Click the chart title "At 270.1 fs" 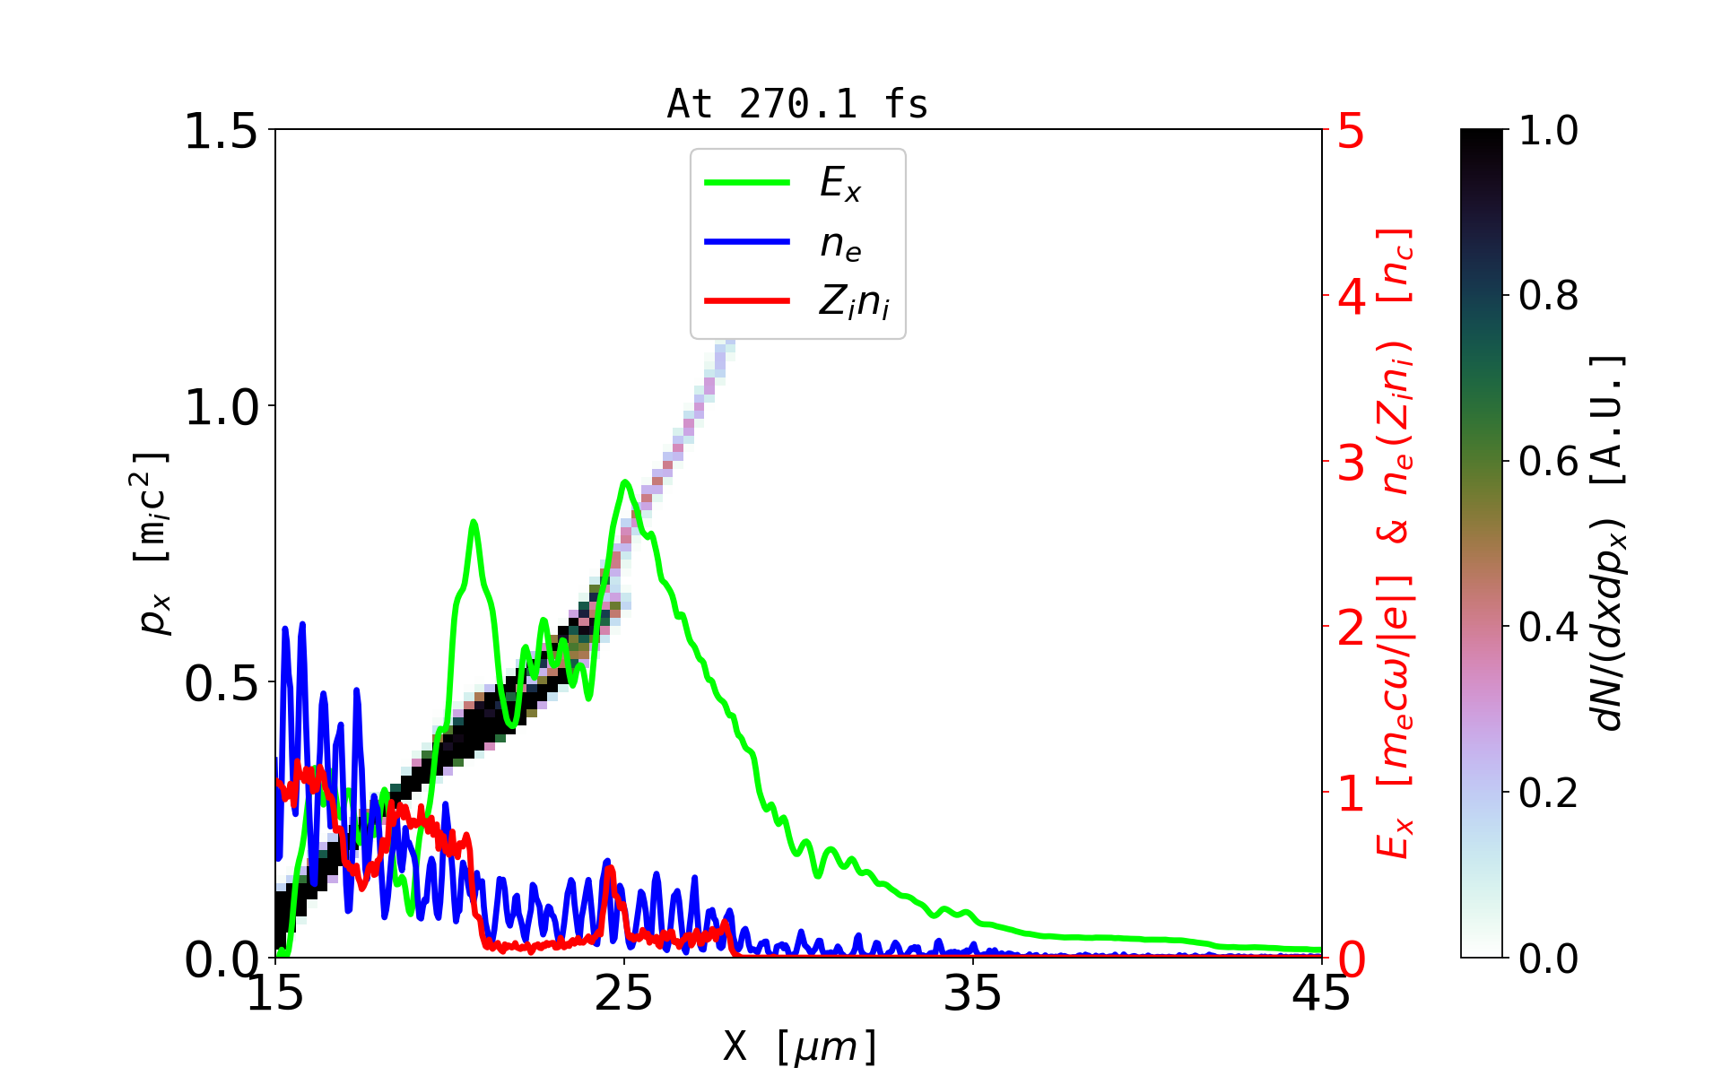click(x=797, y=104)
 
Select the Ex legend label click(x=840, y=184)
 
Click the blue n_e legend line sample click(x=747, y=241)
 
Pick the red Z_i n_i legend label click(x=854, y=301)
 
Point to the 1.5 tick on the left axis click(x=221, y=131)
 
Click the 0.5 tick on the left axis click(x=221, y=683)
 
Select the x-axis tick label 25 click(x=624, y=994)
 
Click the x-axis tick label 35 click(x=973, y=994)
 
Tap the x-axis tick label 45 click(x=1322, y=994)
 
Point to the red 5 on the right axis click(x=1352, y=131)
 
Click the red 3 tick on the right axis click(x=1352, y=463)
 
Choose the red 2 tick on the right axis click(x=1352, y=628)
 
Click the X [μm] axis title click(x=799, y=1046)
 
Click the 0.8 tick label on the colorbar click(x=1548, y=296)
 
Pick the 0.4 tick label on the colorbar click(x=1548, y=628)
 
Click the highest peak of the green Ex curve click(x=625, y=482)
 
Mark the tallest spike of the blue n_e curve click(x=302, y=623)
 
